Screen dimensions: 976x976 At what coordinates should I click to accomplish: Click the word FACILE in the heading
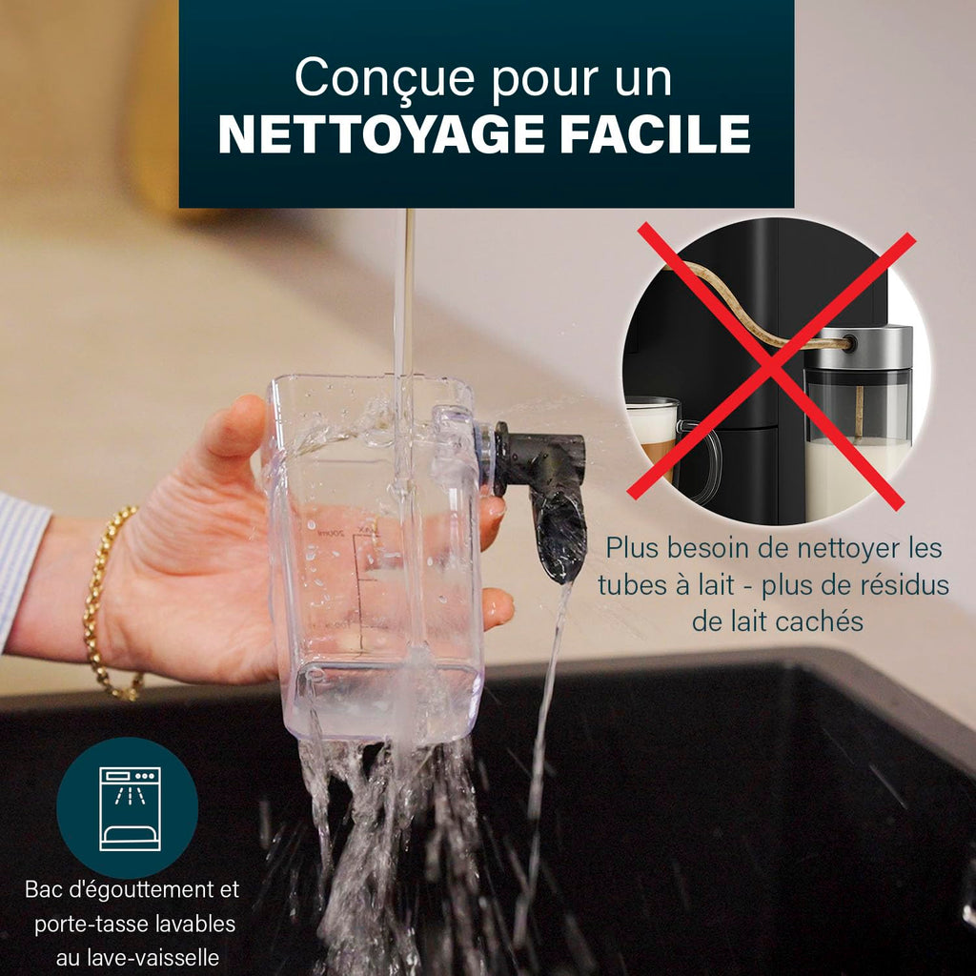click(x=655, y=134)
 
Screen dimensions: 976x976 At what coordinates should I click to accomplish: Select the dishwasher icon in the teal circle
click(x=129, y=807)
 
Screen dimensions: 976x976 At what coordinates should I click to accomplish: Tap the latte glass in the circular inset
click(x=655, y=438)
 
